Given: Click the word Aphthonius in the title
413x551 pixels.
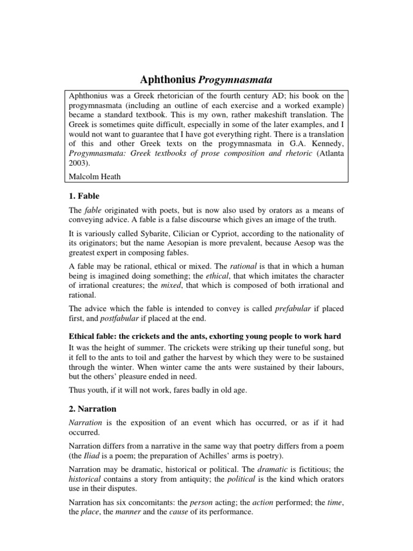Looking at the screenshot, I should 168,80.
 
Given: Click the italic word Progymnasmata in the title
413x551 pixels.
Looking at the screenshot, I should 236,80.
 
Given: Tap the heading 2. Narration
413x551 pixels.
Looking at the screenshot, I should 95,408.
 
